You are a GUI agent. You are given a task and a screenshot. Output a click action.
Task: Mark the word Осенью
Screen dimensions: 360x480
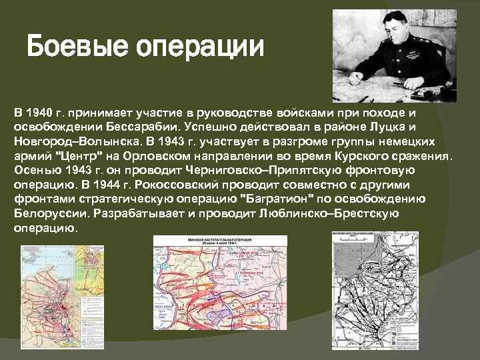(35, 170)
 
